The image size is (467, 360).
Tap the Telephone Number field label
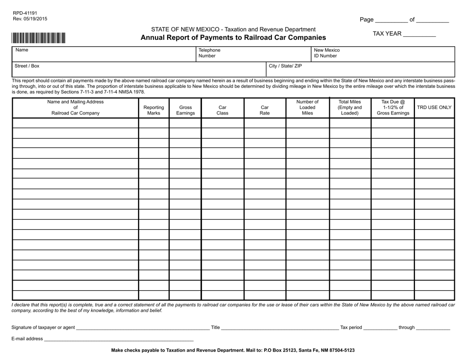[x=209, y=53]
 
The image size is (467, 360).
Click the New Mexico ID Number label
[x=327, y=53]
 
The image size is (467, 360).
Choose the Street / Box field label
[x=28, y=66]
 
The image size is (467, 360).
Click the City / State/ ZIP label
[x=285, y=66]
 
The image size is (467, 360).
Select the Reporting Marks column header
[x=153, y=111]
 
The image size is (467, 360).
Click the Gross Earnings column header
[x=185, y=111]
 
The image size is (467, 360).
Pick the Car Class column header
[x=223, y=111]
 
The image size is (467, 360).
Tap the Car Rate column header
[x=264, y=111]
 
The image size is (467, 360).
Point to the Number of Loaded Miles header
[x=307, y=108]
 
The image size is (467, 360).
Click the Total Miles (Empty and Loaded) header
[x=350, y=108]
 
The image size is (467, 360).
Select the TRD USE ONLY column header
[x=434, y=108]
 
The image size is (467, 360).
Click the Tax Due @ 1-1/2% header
[x=392, y=108]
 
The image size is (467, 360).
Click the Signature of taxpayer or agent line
[x=143, y=328]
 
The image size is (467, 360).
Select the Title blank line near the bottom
[x=279, y=328]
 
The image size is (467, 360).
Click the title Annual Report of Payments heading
[x=233, y=38]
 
